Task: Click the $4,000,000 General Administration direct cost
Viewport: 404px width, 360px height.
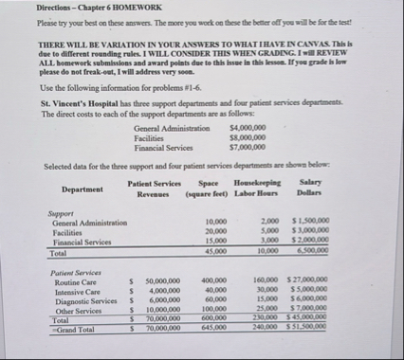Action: (x=248, y=127)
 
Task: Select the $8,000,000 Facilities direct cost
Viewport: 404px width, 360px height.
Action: (x=248, y=137)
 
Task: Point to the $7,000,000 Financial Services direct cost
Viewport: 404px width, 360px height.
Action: (x=248, y=148)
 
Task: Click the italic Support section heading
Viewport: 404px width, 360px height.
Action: (x=60, y=213)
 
